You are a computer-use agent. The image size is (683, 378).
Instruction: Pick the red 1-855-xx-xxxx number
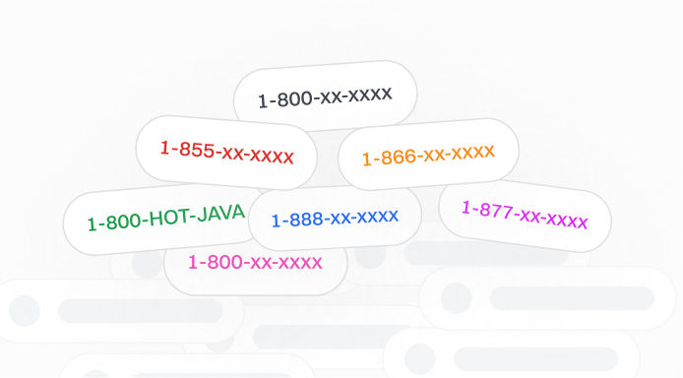(x=226, y=152)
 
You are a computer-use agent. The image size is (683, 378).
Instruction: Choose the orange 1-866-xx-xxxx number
(x=428, y=155)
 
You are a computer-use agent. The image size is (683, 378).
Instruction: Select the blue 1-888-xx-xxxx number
(x=335, y=218)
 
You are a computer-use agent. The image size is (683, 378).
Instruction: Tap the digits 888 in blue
(x=303, y=219)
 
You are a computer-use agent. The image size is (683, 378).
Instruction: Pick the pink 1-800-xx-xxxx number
(x=255, y=263)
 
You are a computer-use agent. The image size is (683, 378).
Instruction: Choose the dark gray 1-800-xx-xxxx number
(x=325, y=96)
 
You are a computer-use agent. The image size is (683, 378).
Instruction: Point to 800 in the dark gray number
(x=292, y=98)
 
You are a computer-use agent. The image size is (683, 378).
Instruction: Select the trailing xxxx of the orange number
(x=472, y=151)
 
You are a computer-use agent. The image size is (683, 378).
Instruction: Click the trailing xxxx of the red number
(x=271, y=156)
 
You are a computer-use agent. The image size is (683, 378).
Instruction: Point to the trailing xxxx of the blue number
(x=378, y=216)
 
